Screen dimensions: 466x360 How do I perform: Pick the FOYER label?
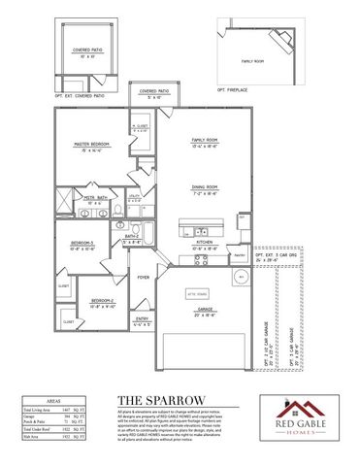(143, 277)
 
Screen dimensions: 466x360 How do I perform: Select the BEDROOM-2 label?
(103, 301)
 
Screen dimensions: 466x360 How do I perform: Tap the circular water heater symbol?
(243, 277)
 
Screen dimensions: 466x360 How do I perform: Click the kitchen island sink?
(202, 230)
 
